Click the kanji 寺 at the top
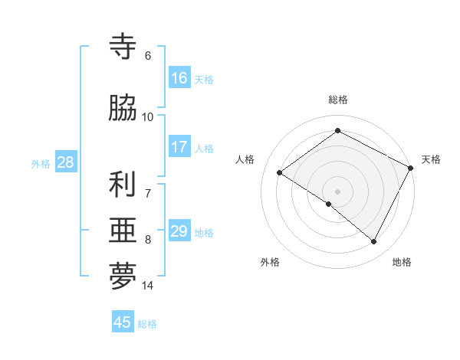[123, 46]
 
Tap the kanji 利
[123, 184]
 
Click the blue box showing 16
[179, 78]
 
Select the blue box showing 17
[179, 147]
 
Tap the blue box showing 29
[179, 231]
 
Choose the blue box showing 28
[65, 162]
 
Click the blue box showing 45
[123, 322]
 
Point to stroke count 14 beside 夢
[148, 286]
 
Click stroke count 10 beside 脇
[148, 116]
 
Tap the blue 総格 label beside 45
[148, 324]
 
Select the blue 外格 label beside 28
[40, 164]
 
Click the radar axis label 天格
[431, 159]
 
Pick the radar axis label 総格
[337, 100]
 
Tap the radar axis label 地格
[402, 262]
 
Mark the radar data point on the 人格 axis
[280, 172]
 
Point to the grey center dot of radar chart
[337, 191]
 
